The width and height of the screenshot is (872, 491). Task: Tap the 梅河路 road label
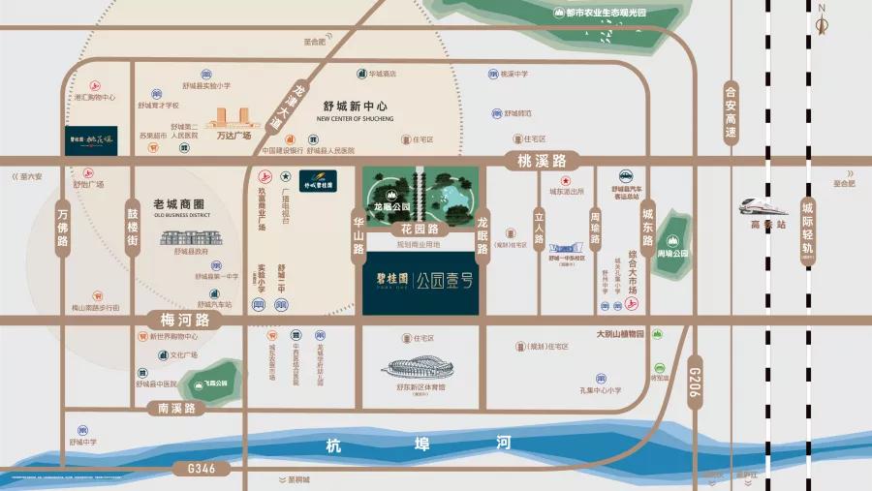point(178,319)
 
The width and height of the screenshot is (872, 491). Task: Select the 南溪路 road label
point(177,408)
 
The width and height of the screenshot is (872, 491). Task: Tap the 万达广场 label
point(233,137)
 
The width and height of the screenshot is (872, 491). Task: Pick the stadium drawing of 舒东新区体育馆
point(420,369)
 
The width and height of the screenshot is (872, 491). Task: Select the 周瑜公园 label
point(671,253)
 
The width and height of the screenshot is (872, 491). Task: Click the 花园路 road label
point(420,230)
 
